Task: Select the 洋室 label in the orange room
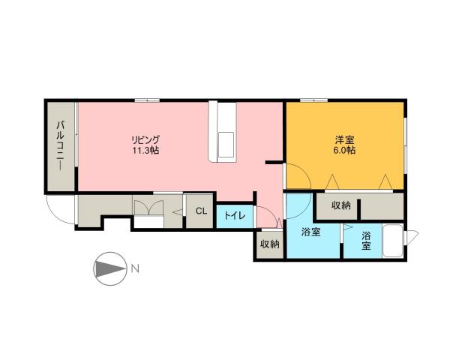tap(345, 139)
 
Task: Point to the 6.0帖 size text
tap(345, 150)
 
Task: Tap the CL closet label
tap(201, 211)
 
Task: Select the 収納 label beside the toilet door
tap(270, 244)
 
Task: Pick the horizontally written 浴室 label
tap(310, 232)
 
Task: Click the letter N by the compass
tap(133, 268)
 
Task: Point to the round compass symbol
tap(109, 268)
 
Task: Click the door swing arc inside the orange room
tap(297, 180)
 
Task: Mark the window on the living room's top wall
tap(152, 100)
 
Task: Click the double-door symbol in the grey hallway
tap(146, 207)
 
